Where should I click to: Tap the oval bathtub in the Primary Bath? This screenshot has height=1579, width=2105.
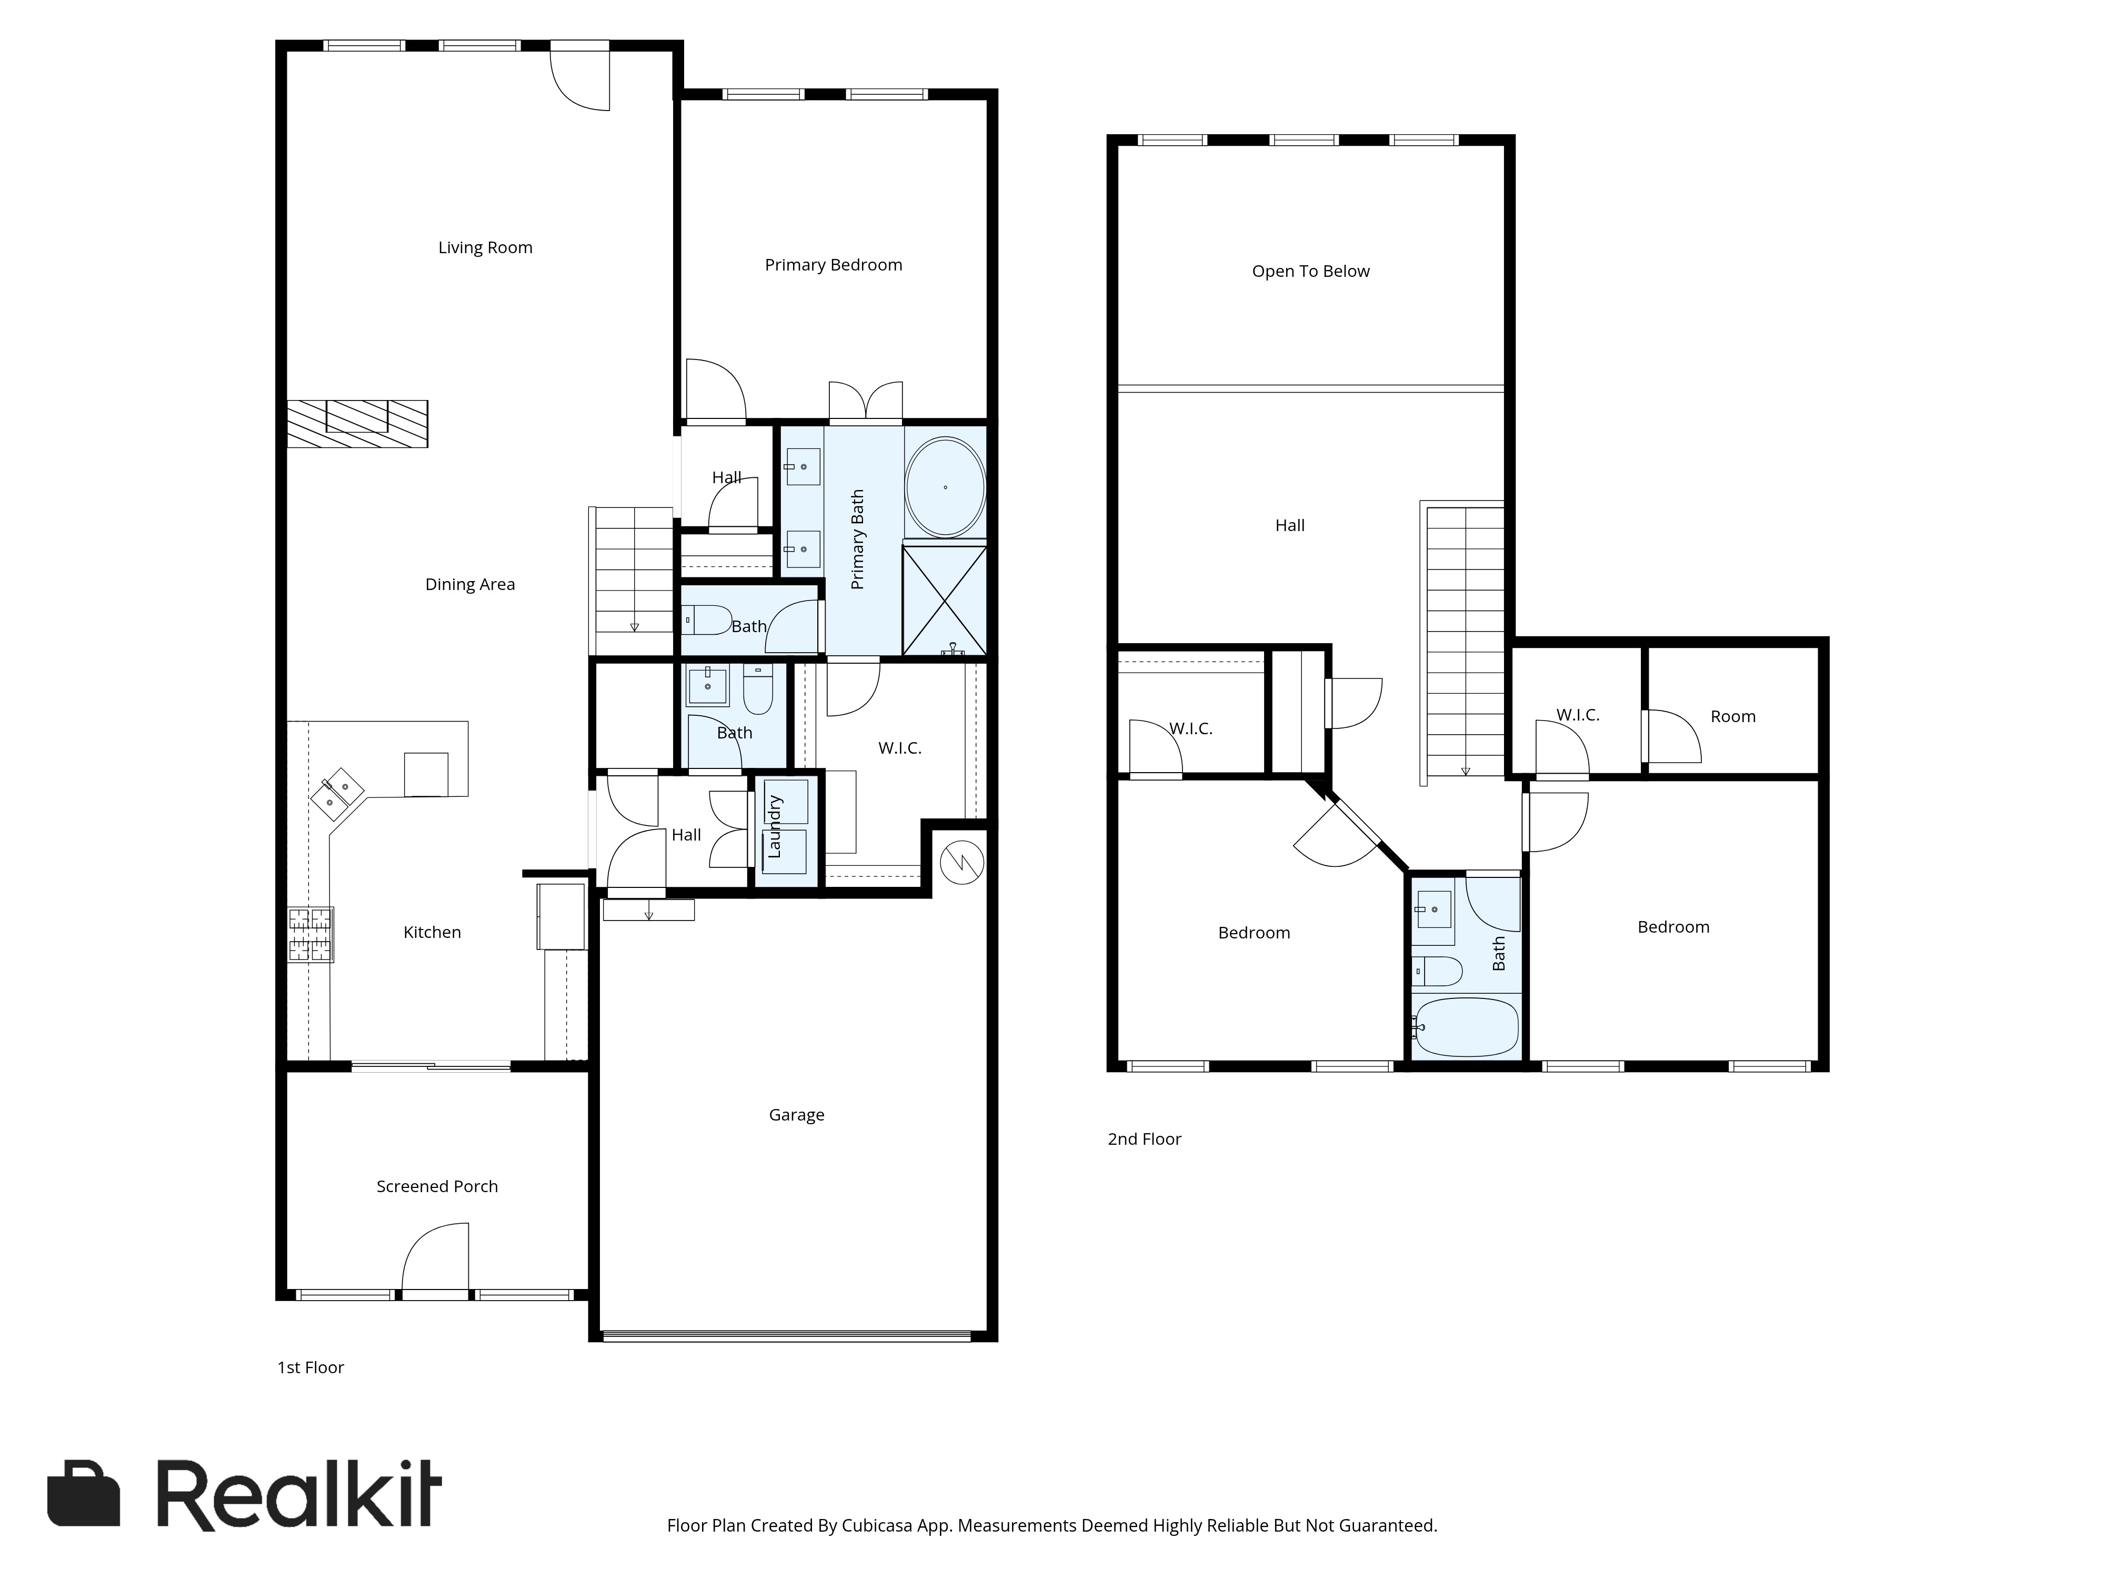945,487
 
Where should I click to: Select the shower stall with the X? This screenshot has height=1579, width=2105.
944,599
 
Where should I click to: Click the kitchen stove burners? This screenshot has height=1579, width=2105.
311,935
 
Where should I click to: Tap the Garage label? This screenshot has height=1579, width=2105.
797,1115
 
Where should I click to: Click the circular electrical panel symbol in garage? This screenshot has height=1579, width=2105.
962,862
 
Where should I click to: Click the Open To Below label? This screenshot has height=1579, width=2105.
1310,271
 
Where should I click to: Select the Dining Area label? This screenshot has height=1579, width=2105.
470,584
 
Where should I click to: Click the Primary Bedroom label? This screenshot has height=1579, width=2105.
834,265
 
